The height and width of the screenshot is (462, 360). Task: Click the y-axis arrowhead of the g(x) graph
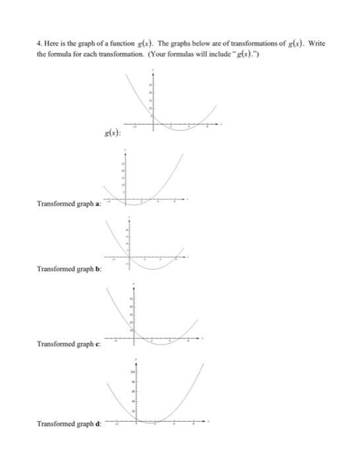(x=152, y=70)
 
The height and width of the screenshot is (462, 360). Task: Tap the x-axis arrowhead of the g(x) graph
(x=222, y=124)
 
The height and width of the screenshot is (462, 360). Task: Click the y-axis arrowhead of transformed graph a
(x=126, y=150)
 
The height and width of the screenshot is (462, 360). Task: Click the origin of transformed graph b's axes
(x=129, y=257)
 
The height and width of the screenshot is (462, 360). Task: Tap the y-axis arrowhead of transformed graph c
(x=136, y=285)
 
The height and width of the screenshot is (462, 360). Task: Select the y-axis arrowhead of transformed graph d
(x=136, y=360)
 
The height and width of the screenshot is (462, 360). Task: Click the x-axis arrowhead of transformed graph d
(x=212, y=421)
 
